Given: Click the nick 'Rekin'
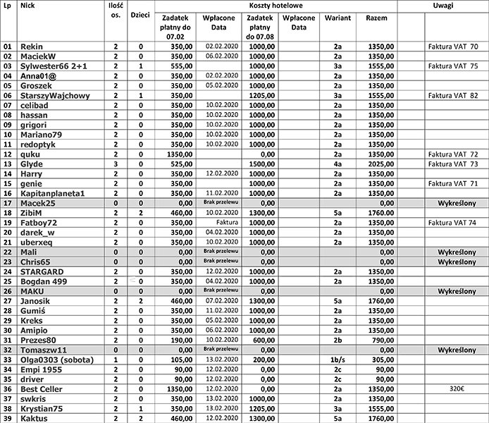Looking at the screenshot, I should [32, 46].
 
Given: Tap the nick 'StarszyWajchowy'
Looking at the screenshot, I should [54, 95].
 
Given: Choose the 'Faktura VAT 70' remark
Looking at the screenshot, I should [454, 46].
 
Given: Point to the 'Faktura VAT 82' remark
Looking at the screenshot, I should [454, 95].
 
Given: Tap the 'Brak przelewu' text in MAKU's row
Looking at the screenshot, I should [218, 290].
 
